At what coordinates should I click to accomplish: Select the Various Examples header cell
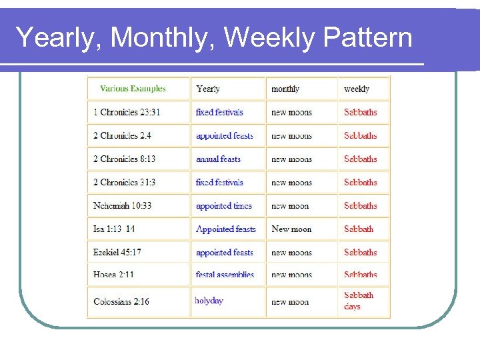coord(133,89)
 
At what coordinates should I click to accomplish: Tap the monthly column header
coord(285,89)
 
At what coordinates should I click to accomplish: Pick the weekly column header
coord(357,89)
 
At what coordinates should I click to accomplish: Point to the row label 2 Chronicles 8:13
coord(125,159)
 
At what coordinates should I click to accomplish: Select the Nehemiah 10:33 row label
coord(123,206)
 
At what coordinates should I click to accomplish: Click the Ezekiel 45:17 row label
coord(117,253)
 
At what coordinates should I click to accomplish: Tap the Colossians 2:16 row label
coord(121,301)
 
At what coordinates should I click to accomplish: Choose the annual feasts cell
coord(218,159)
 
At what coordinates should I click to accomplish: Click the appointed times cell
coord(224,206)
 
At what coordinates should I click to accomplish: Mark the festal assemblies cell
coord(225,275)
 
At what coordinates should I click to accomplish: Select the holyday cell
coord(209,301)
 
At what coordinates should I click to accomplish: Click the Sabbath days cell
coord(359,301)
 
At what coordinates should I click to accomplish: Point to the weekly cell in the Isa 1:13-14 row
coord(359,229)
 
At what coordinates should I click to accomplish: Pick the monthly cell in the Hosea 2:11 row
coord(291,275)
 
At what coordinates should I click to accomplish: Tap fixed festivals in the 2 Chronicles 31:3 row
coord(219,183)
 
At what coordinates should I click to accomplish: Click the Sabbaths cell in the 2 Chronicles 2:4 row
coord(360,136)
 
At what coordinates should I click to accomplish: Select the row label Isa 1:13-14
coord(114,229)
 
